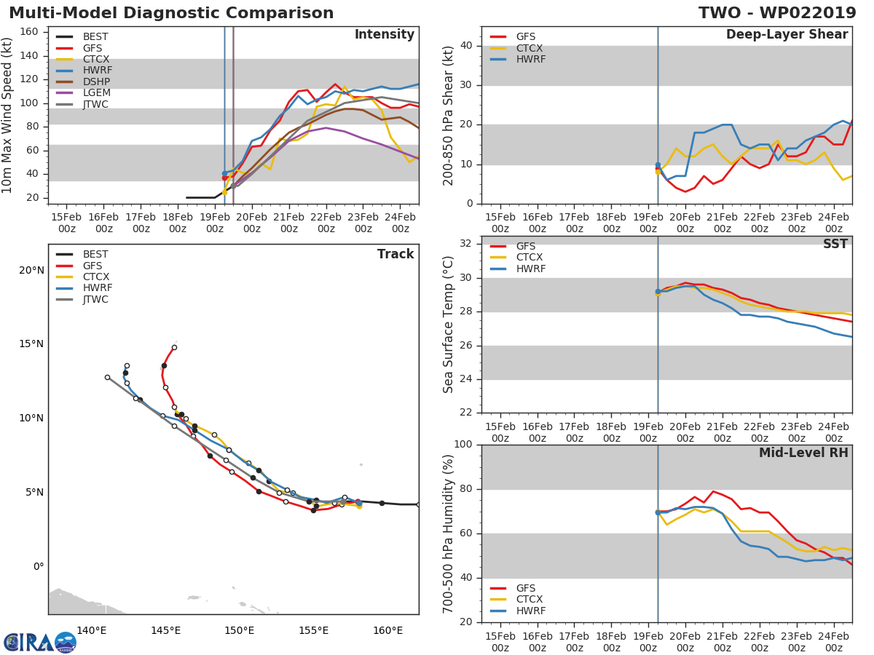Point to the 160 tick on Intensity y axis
(33, 32)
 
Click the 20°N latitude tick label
(31, 271)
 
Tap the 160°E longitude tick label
(388, 630)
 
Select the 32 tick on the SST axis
(468, 244)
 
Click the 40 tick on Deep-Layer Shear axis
(468, 46)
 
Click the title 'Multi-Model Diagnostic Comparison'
(171, 13)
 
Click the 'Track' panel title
(395, 254)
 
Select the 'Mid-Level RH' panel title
(803, 453)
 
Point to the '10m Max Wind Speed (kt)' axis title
(8, 116)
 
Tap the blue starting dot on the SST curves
(658, 291)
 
